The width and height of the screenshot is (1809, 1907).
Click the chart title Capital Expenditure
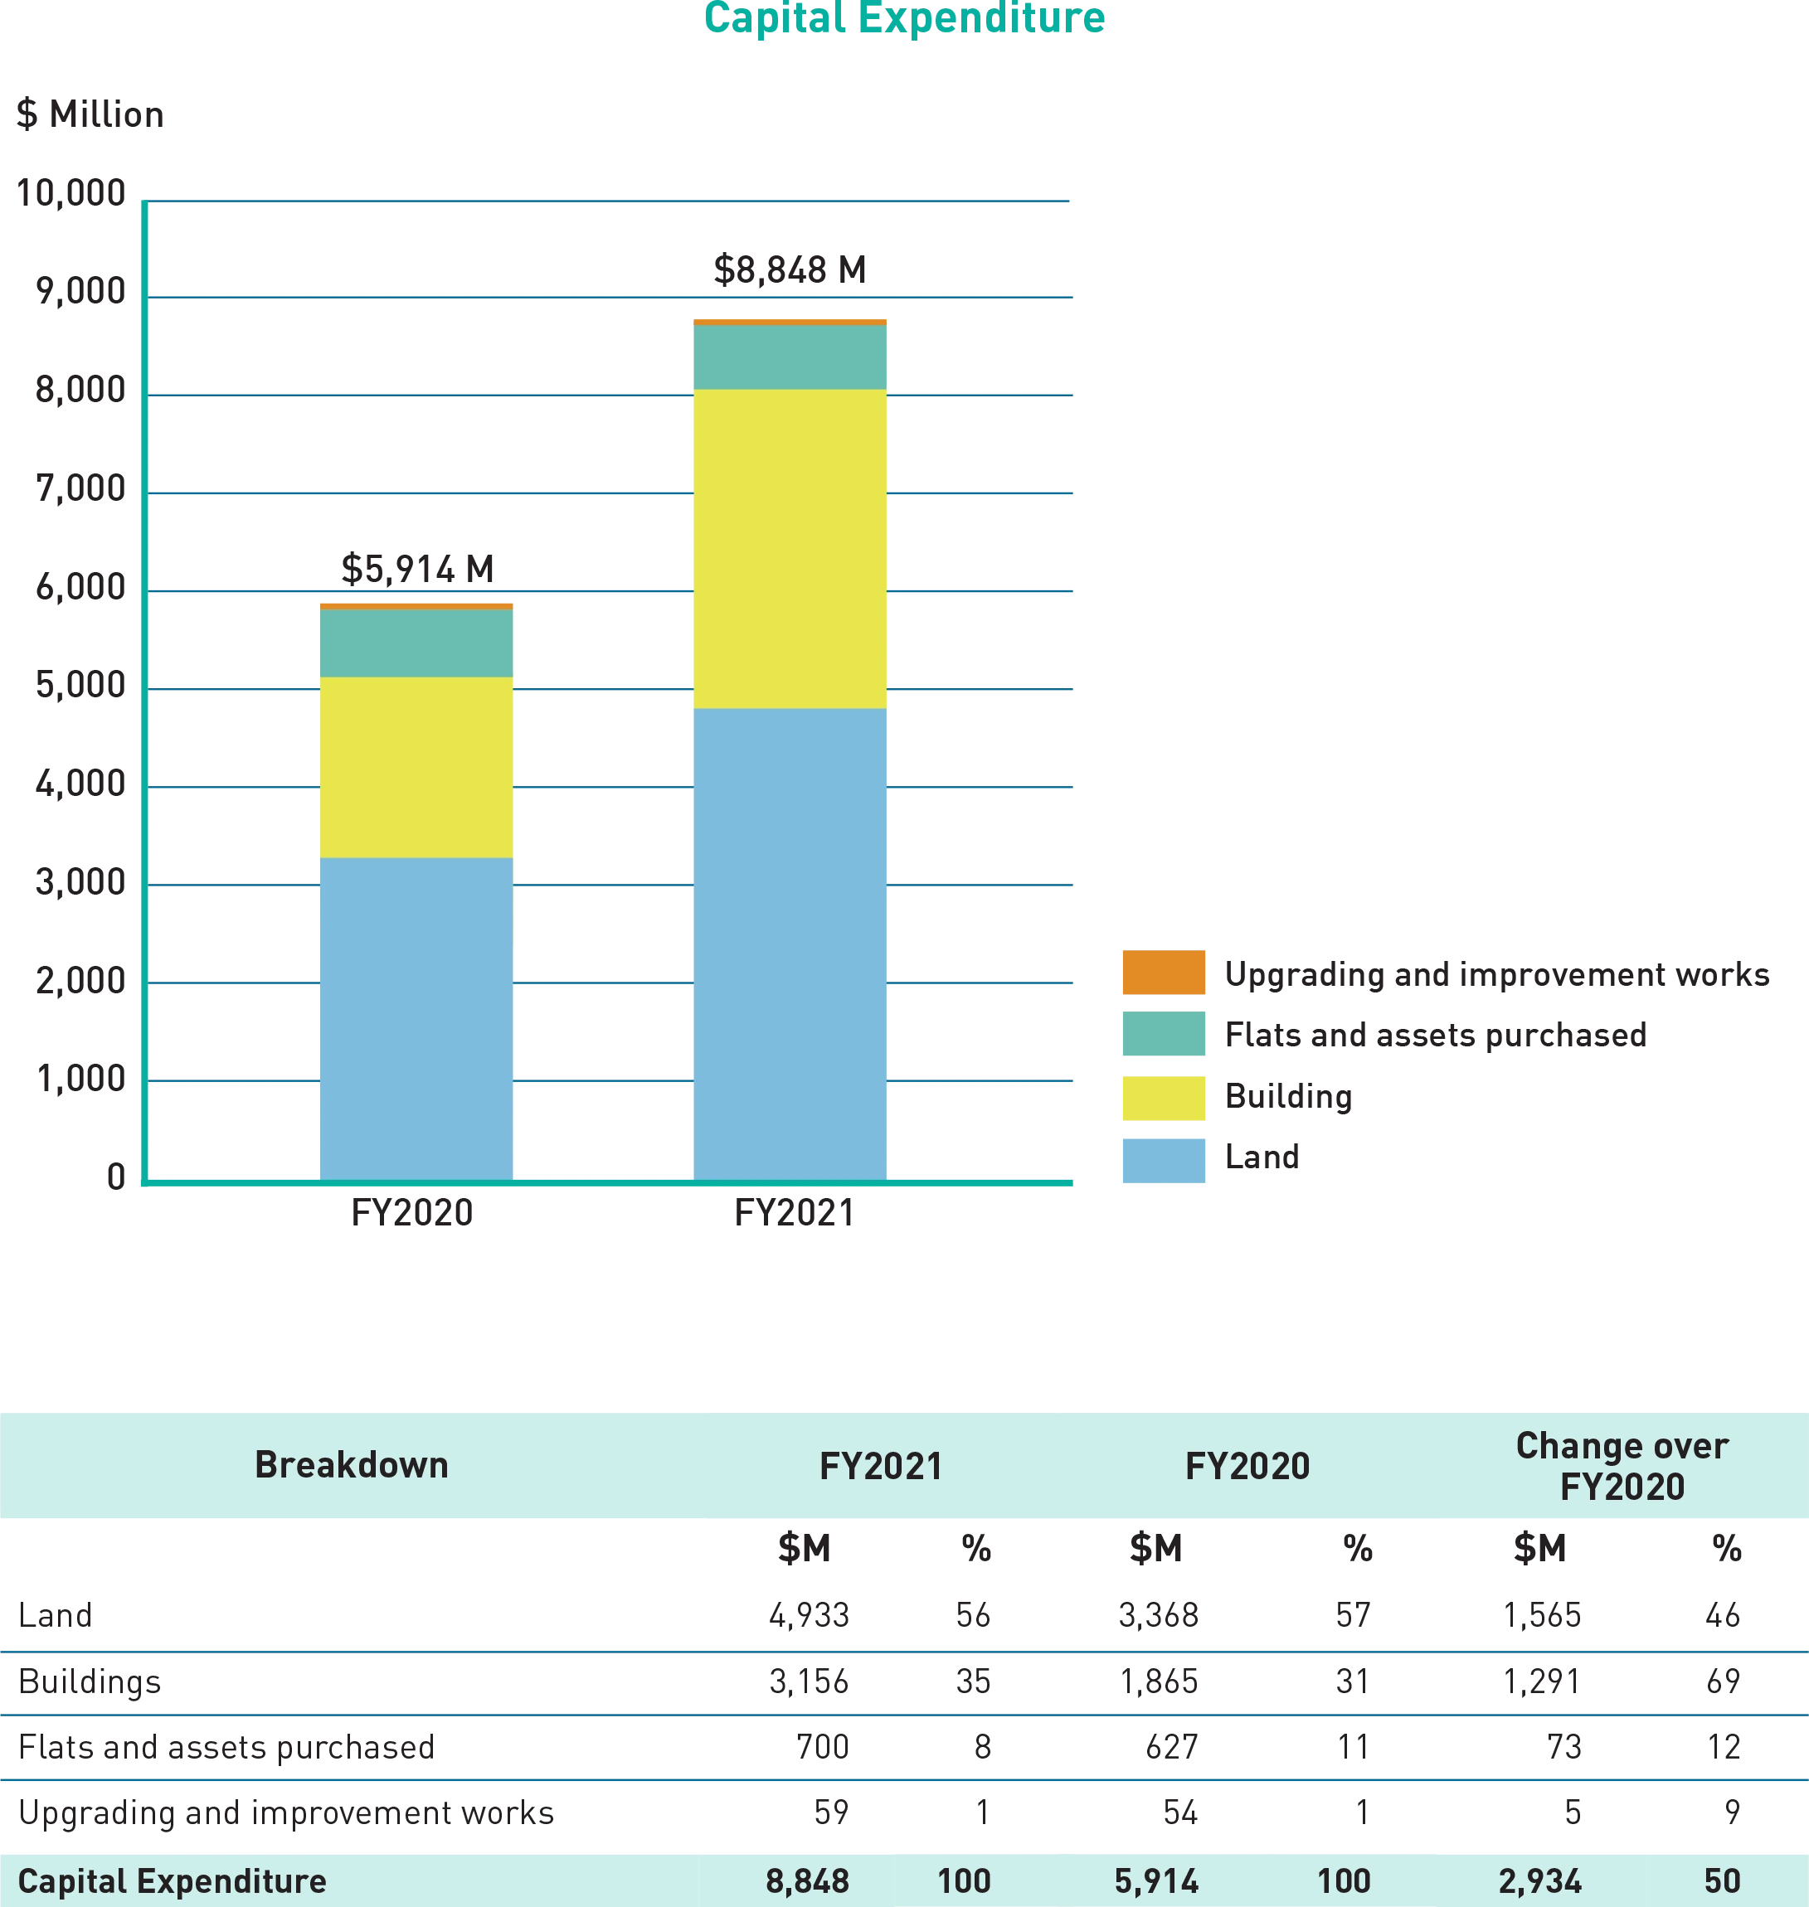(904, 17)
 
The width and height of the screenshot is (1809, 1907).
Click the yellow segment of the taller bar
(790, 549)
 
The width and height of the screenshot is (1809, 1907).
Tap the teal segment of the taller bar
(790, 357)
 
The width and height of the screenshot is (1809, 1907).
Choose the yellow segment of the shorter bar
(417, 768)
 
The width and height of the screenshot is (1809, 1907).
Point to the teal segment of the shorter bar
(417, 643)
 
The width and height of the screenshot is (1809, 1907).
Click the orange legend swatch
(1163, 972)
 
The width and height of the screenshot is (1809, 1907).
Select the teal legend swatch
(1163, 1034)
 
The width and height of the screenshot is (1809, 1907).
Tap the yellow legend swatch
(1163, 1097)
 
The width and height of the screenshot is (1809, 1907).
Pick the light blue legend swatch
(1163, 1159)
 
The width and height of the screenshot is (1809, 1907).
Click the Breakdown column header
(351, 1465)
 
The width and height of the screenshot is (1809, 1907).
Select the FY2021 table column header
(880, 1467)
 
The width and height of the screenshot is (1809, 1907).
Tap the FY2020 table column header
(1247, 1467)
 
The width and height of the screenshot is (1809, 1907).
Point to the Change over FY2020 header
(1622, 1467)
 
